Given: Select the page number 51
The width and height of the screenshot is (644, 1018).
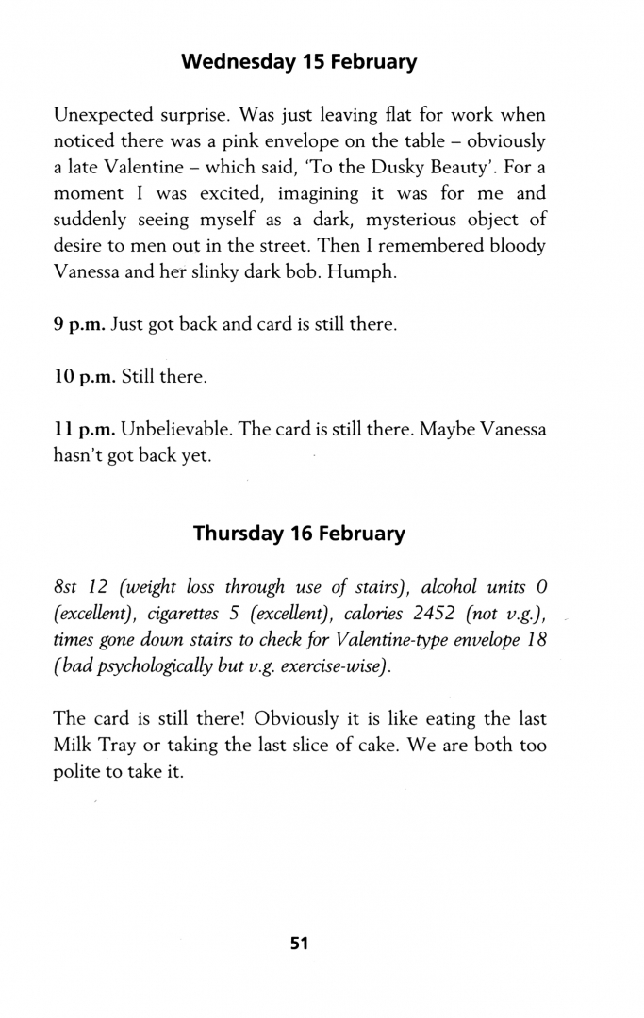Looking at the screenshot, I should click(300, 943).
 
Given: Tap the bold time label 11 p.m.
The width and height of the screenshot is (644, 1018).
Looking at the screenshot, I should click(83, 430).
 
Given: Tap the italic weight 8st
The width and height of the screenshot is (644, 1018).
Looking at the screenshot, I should click(66, 587).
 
